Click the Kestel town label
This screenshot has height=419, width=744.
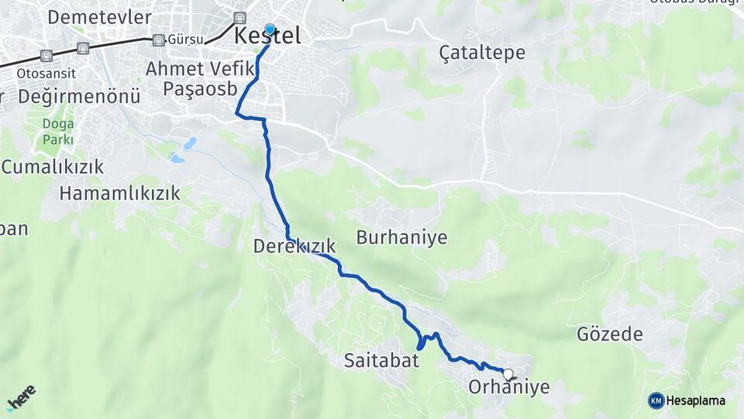(267, 36)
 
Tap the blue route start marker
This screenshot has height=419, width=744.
(270, 30)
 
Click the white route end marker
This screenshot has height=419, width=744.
(508, 375)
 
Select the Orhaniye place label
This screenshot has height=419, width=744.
(509, 386)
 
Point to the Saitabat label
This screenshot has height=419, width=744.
(381, 360)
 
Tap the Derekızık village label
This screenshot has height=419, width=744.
(294, 247)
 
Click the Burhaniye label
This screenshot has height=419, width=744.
(401, 237)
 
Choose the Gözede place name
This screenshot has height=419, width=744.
(610, 334)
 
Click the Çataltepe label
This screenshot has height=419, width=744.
(482, 53)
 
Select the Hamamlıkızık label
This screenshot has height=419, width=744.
(120, 192)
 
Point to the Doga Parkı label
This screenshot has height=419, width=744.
(58, 132)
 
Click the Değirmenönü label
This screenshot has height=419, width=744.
(79, 97)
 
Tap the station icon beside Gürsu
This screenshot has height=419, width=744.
(159, 40)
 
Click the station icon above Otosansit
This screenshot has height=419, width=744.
(47, 55)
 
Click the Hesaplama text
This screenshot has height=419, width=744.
(697, 400)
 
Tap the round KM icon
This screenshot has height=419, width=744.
(656, 400)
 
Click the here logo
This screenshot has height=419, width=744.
(22, 396)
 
